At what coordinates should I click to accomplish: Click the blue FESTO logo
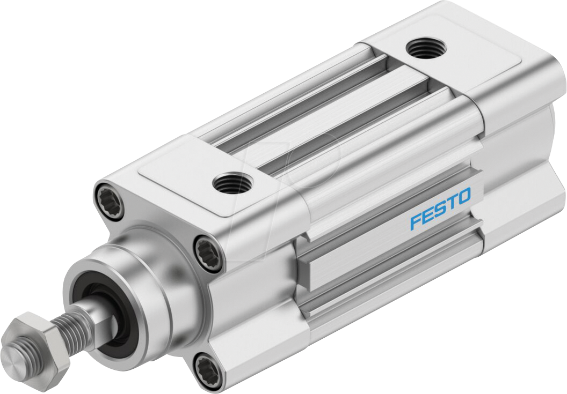tap(440, 208)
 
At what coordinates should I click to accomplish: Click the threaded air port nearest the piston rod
tap(231, 184)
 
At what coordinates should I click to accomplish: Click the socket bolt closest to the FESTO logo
tap(208, 250)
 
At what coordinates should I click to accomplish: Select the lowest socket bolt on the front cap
tap(207, 368)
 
